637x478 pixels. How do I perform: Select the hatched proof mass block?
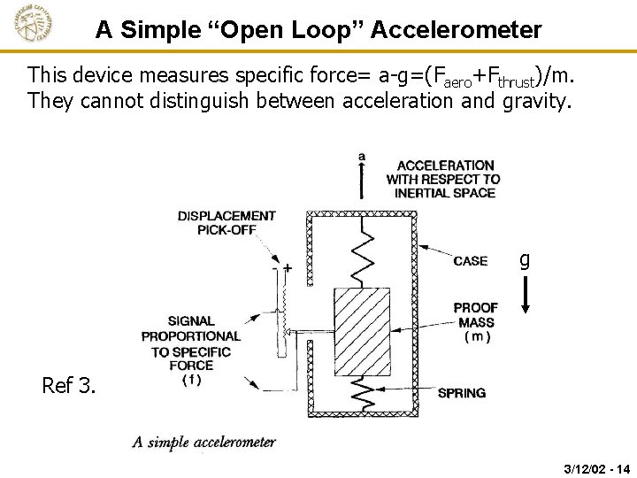[x=362, y=331]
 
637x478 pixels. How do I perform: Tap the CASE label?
[x=470, y=261]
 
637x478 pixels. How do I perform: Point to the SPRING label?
[x=461, y=393]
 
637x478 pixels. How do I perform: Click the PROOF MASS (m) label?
[x=476, y=322]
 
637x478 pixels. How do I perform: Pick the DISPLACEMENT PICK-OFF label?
[x=226, y=223]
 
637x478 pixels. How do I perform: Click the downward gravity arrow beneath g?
[x=525, y=295]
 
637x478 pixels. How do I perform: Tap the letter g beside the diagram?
[x=525, y=260]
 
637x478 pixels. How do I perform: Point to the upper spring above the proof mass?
[x=362, y=252]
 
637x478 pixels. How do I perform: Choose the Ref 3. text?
[x=69, y=386]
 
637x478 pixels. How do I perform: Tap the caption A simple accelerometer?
[x=204, y=443]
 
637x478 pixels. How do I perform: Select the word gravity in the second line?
[x=535, y=101]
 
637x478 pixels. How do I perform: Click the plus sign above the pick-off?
[x=288, y=266]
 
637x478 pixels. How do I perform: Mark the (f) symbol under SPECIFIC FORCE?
[x=190, y=381]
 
